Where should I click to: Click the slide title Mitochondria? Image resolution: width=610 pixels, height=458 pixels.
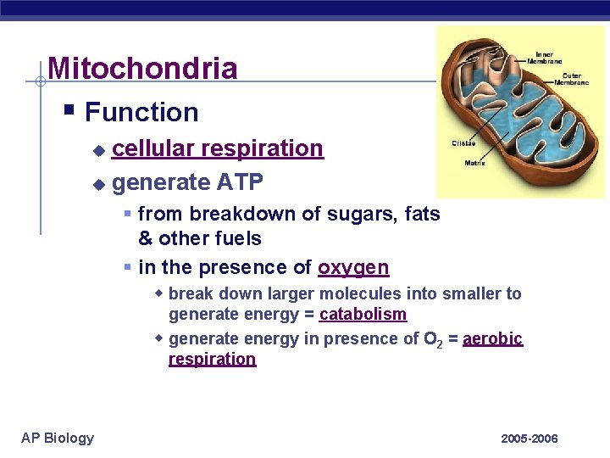(142, 69)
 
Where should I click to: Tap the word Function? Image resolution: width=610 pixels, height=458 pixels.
(141, 112)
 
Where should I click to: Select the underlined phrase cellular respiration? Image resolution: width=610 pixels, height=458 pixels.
(217, 148)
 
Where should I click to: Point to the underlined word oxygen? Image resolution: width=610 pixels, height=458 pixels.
(353, 268)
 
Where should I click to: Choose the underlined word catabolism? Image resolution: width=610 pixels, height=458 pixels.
(363, 315)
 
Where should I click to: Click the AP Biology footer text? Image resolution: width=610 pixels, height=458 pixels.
(58, 438)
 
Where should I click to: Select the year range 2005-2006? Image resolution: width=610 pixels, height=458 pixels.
(529, 438)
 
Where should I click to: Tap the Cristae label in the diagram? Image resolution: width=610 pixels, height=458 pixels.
(463, 145)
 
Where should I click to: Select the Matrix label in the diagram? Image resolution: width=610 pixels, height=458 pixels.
(474, 164)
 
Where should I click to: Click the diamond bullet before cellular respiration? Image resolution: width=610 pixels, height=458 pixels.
(99, 150)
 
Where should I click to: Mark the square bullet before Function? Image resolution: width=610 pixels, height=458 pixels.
(72, 110)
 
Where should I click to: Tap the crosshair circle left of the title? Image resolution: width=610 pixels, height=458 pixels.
(40, 82)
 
